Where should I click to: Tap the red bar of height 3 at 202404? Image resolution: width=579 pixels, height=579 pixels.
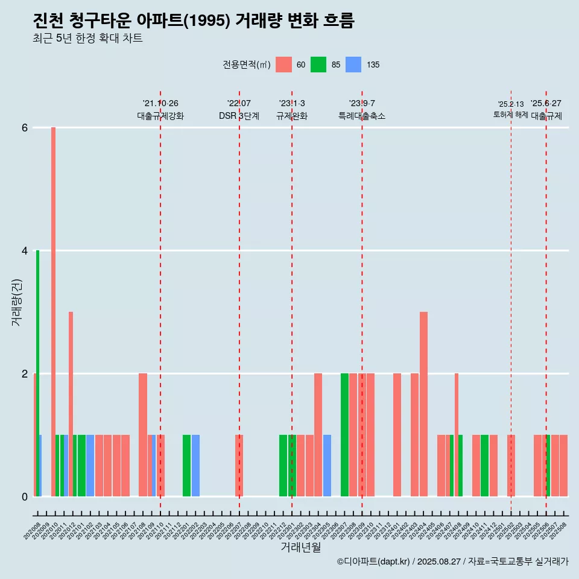[x=423, y=404]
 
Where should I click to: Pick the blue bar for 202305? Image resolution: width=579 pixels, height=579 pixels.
[x=327, y=466]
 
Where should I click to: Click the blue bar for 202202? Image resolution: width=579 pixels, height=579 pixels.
[x=195, y=466]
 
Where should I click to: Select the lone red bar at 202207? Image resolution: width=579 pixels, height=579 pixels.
[x=239, y=466]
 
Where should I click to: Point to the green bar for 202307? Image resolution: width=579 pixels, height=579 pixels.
[x=344, y=435]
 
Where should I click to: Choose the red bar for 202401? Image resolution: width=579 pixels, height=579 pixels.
[x=397, y=435]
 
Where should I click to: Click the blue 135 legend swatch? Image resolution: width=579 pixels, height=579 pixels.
[x=353, y=65]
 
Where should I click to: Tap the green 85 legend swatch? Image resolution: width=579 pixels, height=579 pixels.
[x=318, y=65]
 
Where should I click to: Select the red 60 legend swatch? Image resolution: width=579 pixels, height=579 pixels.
[x=283, y=65]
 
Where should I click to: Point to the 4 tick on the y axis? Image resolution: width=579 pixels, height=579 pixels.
[x=25, y=250]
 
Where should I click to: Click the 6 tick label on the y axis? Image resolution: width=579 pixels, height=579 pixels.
[x=25, y=127]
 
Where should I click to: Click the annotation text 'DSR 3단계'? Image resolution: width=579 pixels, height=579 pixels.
[x=239, y=116]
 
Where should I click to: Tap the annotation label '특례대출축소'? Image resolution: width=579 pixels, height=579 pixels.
[x=362, y=116]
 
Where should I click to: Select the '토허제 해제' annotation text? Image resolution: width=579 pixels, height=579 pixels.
[x=510, y=115]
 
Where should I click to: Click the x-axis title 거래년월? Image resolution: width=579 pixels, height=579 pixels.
[x=300, y=548]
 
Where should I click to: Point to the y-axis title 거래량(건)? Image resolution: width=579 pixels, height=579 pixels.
[x=16, y=302]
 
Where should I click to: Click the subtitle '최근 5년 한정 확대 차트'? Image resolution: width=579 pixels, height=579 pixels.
[x=87, y=39]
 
